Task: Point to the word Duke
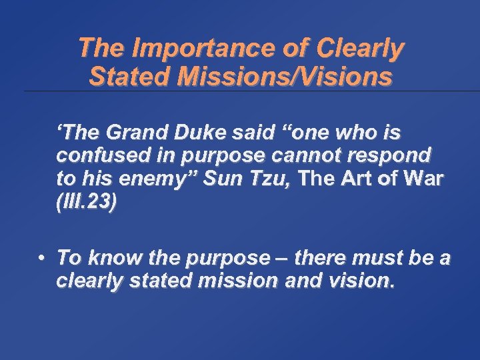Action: tap(186, 133)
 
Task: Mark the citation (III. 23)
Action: tap(87, 203)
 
